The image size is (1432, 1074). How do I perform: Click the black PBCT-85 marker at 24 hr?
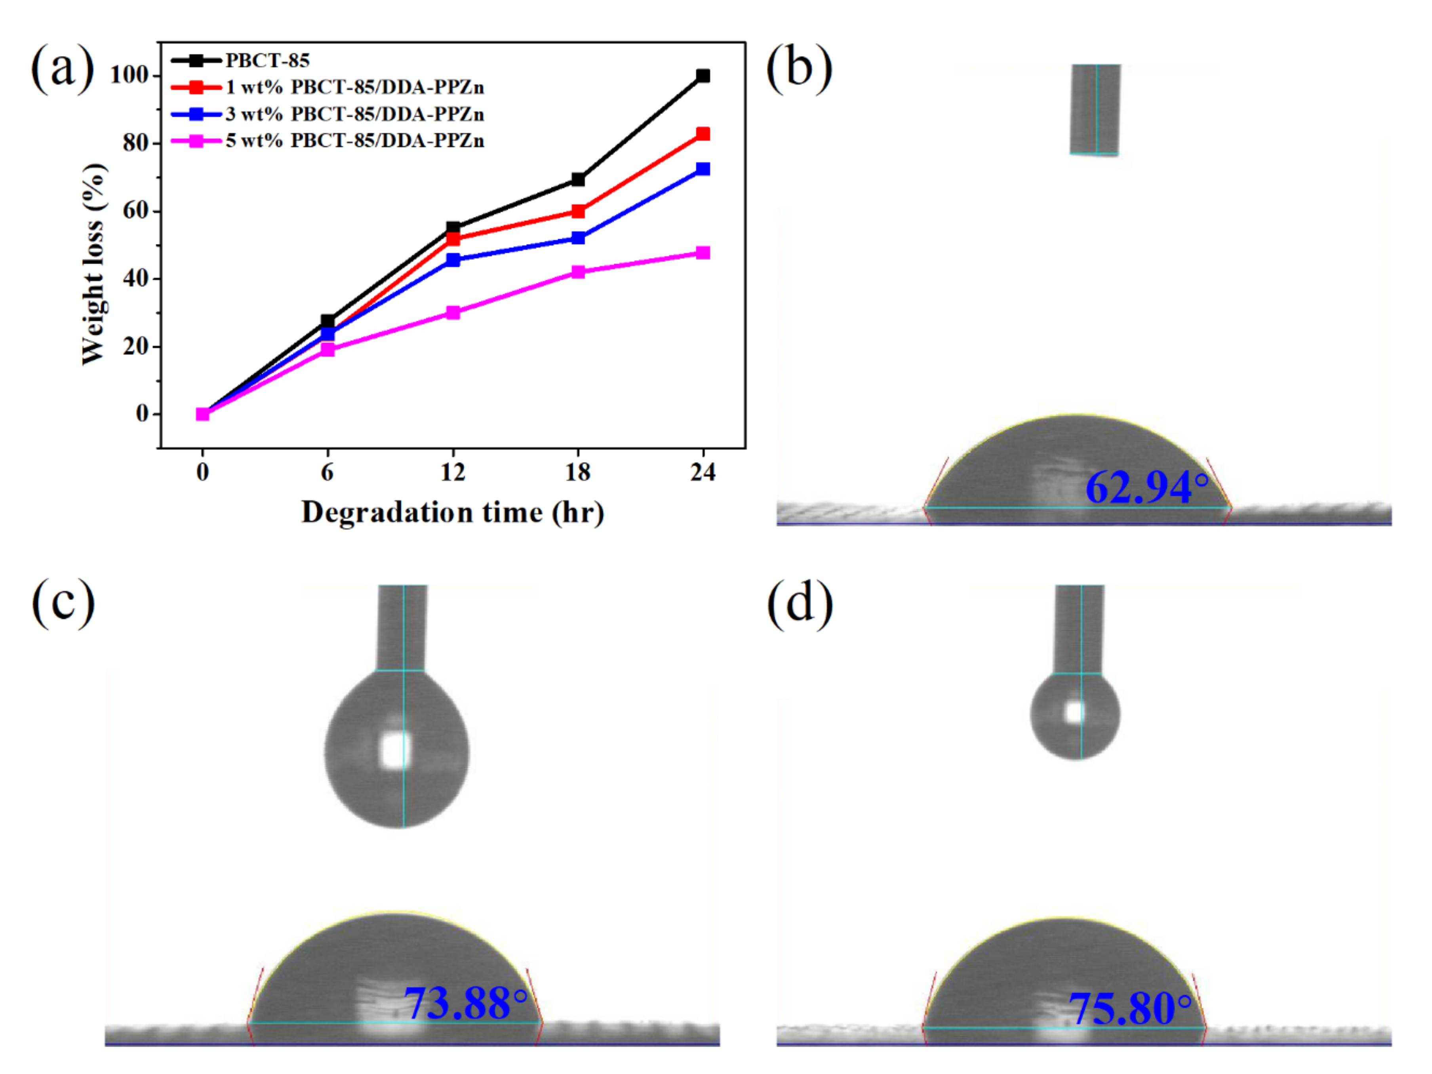pyautogui.click(x=703, y=76)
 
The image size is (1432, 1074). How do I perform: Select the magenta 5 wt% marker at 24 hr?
pyautogui.click(x=703, y=253)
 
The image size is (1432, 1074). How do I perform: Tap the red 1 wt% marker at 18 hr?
pyautogui.click(x=578, y=211)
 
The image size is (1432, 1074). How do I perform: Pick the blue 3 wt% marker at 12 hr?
pyautogui.click(x=453, y=260)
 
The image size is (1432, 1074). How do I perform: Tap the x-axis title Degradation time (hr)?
pyautogui.click(x=453, y=513)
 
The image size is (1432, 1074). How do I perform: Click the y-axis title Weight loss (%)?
pyautogui.click(x=94, y=264)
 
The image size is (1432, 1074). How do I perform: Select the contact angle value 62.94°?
pyautogui.click(x=1146, y=488)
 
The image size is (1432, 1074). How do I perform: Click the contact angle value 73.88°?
pyautogui.click(x=465, y=1004)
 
